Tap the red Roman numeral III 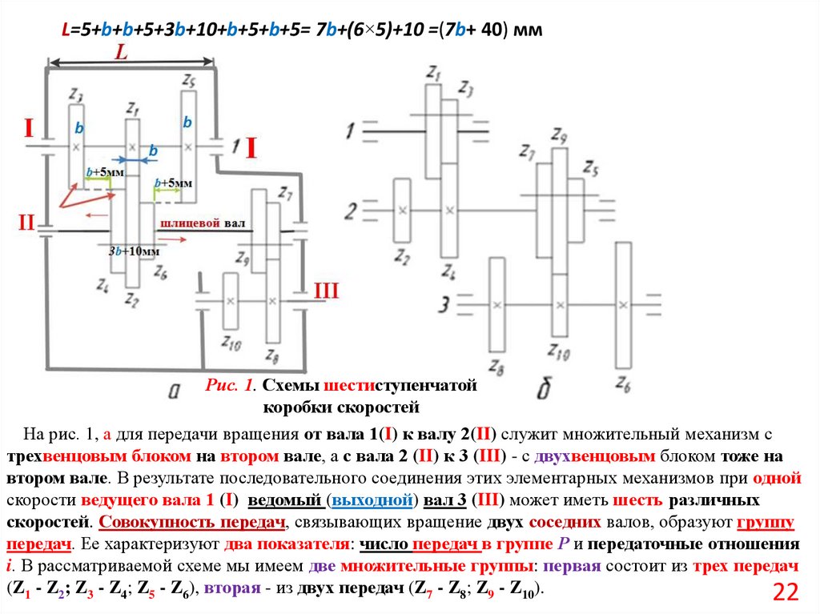click(327, 291)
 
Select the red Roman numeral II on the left click(26, 223)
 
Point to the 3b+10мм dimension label click(134, 251)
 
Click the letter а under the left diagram click(173, 389)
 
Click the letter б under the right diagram click(545, 390)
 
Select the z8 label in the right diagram click(496, 368)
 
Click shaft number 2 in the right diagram click(351, 212)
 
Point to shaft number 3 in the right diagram click(443, 304)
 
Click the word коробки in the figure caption click(292, 407)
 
